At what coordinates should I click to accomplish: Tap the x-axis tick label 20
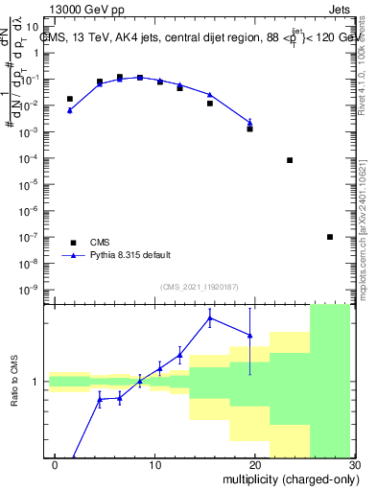click(254, 464)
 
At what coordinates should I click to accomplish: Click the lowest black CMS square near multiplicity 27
click(330, 237)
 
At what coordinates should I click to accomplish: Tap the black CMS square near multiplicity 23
click(290, 160)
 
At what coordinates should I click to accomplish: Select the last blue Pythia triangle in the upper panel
click(250, 122)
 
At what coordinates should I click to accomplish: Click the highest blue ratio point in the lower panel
click(210, 318)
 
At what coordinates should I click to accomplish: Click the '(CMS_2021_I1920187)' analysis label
click(199, 287)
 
